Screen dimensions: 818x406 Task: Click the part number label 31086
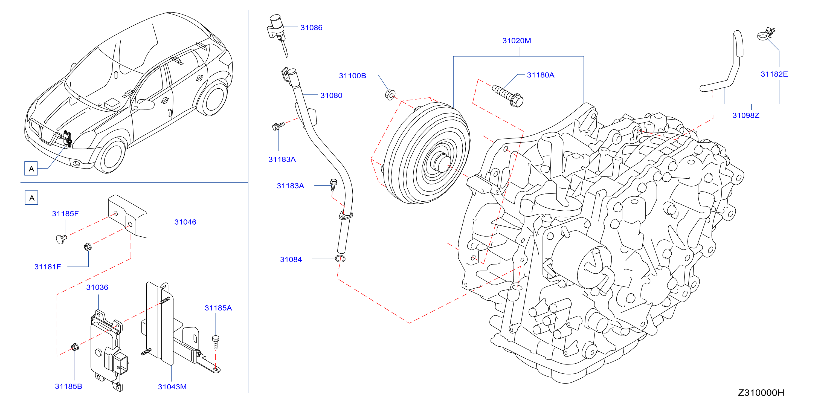[311, 28]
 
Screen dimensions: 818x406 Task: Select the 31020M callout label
[516, 41]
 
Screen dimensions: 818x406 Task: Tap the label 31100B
[352, 76]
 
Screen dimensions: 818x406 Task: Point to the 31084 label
[291, 259]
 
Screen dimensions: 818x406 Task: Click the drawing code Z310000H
[761, 393]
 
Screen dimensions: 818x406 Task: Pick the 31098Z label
[746, 115]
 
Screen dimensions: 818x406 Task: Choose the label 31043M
[172, 387]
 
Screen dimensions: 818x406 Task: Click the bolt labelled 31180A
[507, 96]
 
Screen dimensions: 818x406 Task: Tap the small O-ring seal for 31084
[340, 258]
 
